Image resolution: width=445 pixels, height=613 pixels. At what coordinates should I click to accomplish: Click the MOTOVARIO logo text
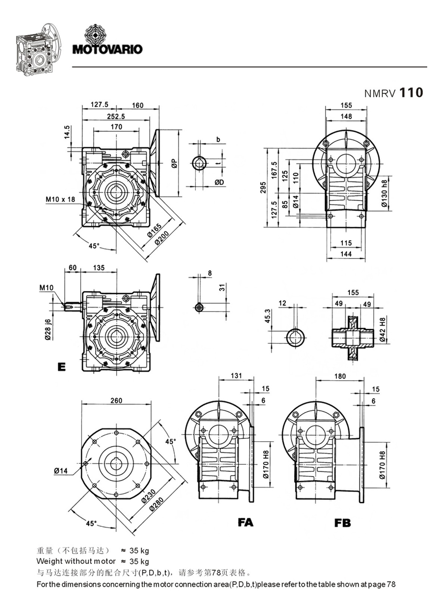coord(108,49)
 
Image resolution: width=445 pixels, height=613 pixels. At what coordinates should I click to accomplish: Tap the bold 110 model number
coord(410,92)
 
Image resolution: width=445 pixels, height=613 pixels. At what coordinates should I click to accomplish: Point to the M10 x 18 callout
coord(60,199)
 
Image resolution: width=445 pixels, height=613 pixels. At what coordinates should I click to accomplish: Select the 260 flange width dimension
coord(116,400)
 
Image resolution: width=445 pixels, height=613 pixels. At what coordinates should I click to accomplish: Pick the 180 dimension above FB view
coord(341,376)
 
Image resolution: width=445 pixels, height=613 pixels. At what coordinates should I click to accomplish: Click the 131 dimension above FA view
coord(237,376)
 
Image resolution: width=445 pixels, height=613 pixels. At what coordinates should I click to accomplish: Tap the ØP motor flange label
coord(173,163)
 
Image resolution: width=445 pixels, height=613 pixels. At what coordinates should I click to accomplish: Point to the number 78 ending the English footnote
coord(391,584)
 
